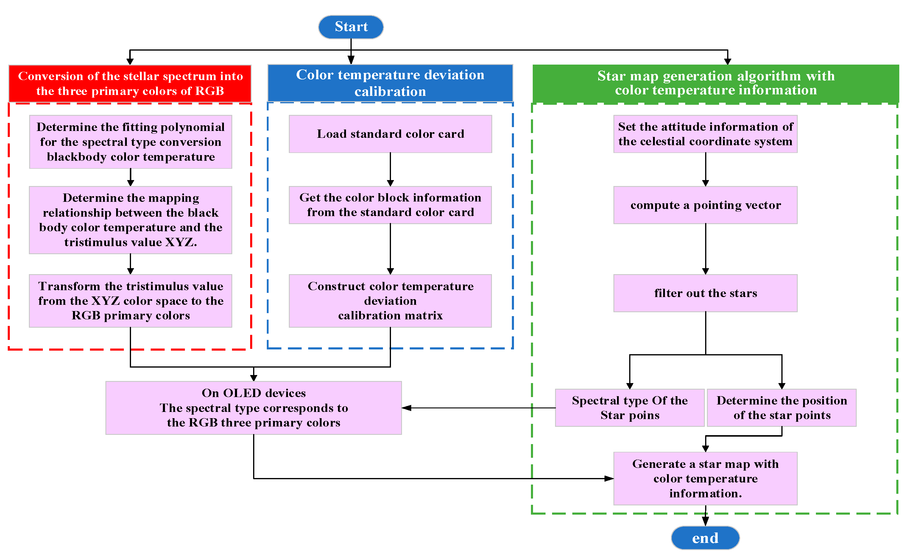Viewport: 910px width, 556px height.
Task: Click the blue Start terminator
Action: (350, 27)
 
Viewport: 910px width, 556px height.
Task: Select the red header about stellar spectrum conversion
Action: (130, 83)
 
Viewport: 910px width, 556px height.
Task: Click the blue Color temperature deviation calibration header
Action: (390, 83)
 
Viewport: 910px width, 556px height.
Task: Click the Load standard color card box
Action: (390, 134)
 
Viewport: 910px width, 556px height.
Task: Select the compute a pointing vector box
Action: (705, 205)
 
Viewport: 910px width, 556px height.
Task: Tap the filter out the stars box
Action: (705, 293)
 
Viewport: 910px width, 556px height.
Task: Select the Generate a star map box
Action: (705, 479)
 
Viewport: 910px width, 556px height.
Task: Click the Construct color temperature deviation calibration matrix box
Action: (390, 301)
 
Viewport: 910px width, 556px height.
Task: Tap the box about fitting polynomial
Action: (130, 142)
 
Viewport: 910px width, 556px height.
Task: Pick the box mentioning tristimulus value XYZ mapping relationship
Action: (130, 220)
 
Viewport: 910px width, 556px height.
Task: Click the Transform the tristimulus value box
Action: (130, 301)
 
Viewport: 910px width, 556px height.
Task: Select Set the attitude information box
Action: (705, 134)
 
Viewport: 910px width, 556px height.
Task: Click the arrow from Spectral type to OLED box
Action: (480, 408)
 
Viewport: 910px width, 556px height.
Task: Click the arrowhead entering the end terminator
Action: (705, 521)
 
